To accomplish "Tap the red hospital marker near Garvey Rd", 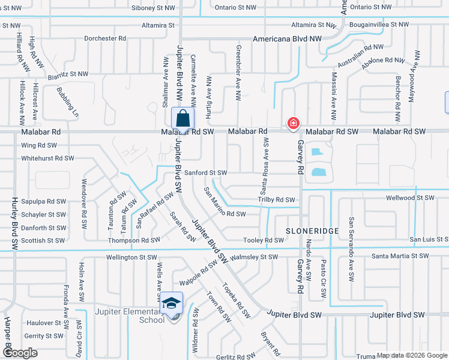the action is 293,123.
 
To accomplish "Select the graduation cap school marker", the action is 172,303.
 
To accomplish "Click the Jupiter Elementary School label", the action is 130,316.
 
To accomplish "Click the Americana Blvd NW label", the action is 288,38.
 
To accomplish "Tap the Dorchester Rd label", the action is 105,38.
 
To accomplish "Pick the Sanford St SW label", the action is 205,173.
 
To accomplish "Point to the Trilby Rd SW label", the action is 276,200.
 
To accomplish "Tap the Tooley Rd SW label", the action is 264,240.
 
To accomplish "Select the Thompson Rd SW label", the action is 134,240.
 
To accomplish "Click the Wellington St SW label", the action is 131,257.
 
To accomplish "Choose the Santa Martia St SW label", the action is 400,256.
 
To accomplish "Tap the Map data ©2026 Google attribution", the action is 411,355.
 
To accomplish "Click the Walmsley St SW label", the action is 255,257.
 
